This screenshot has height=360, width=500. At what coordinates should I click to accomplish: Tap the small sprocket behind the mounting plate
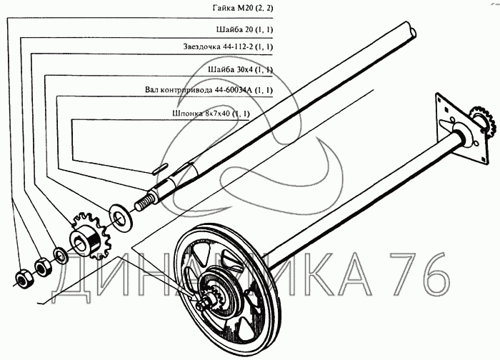tap(481, 122)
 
